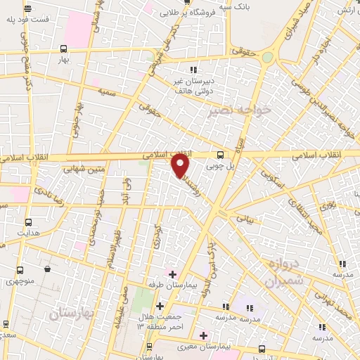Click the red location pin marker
(181, 167)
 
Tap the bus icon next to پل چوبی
(221, 155)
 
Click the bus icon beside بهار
(64, 49)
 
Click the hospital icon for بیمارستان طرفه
(172, 273)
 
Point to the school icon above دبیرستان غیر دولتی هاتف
(195, 69)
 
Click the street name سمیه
(108, 91)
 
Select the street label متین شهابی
(86, 169)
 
